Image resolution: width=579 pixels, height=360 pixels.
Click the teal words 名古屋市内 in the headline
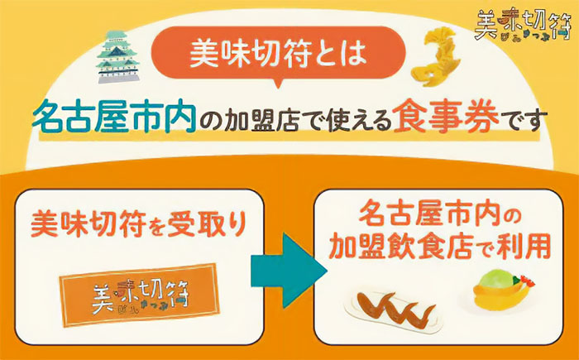114,116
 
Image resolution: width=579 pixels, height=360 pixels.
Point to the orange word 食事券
446,116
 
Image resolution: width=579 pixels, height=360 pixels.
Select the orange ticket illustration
140,295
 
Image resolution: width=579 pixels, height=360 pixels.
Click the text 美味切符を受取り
138,223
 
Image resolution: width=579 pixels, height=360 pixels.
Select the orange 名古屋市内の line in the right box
440,215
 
